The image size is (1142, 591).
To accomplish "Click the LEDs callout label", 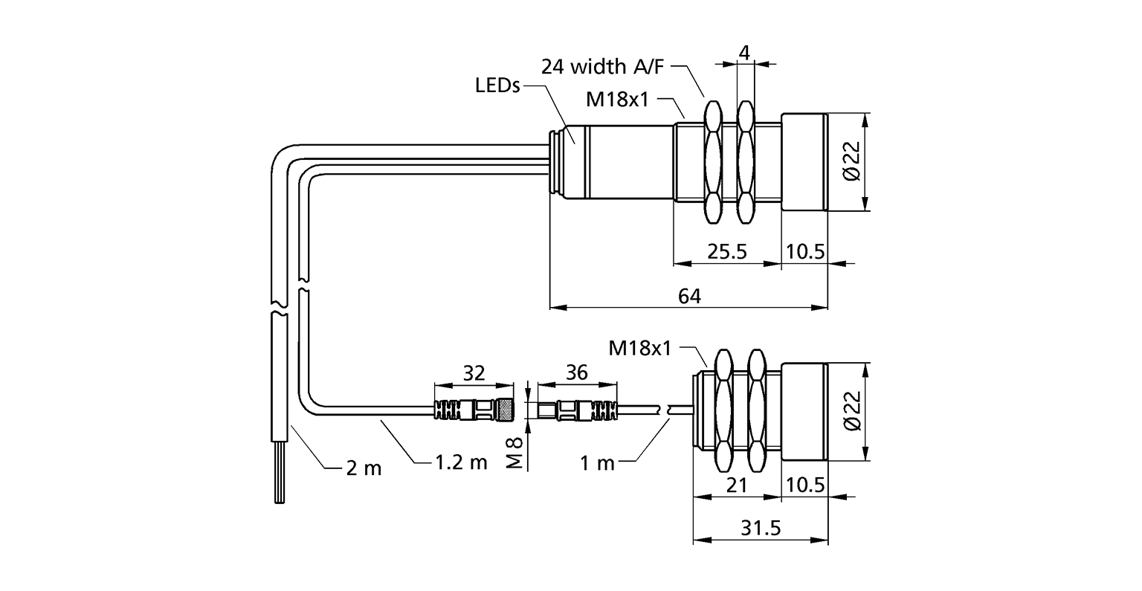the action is click(497, 85).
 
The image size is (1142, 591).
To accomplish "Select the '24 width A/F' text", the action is click(602, 67).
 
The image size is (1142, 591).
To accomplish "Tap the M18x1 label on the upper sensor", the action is click(617, 100).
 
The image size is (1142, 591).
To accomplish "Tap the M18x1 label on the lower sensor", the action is click(640, 348).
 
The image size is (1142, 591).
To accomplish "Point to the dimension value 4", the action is click(745, 53).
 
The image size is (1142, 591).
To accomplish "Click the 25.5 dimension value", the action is click(727, 251).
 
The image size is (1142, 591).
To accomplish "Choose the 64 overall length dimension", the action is click(689, 297).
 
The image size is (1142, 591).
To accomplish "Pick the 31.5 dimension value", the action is click(761, 529).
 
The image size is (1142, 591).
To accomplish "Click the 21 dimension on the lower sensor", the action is click(737, 485).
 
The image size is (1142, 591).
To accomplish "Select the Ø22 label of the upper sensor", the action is click(851, 161).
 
